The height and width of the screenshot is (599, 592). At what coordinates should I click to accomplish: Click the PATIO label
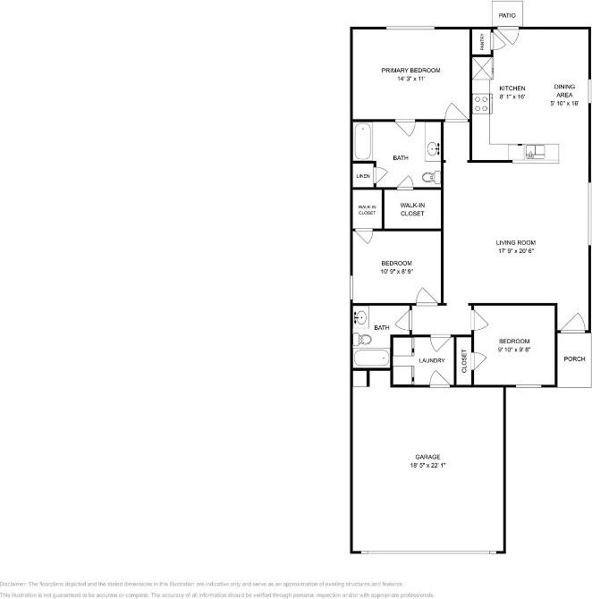[507, 15]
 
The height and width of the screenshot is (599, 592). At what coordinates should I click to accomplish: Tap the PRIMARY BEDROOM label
[410, 71]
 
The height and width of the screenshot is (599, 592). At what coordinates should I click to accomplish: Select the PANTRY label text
[482, 41]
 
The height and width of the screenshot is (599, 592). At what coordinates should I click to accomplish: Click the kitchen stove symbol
[481, 104]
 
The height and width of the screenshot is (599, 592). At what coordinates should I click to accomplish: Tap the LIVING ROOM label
[515, 242]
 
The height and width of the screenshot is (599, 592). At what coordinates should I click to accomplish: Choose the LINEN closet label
[363, 176]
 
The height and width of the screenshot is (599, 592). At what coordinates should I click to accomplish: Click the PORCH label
[574, 359]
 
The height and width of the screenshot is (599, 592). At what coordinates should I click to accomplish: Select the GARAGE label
[427, 457]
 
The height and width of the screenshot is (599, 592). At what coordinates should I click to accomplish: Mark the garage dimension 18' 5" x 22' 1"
[427, 466]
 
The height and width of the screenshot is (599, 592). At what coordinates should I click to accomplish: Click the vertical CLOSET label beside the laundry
[464, 360]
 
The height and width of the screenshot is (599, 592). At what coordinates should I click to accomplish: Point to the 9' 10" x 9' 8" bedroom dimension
[514, 350]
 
